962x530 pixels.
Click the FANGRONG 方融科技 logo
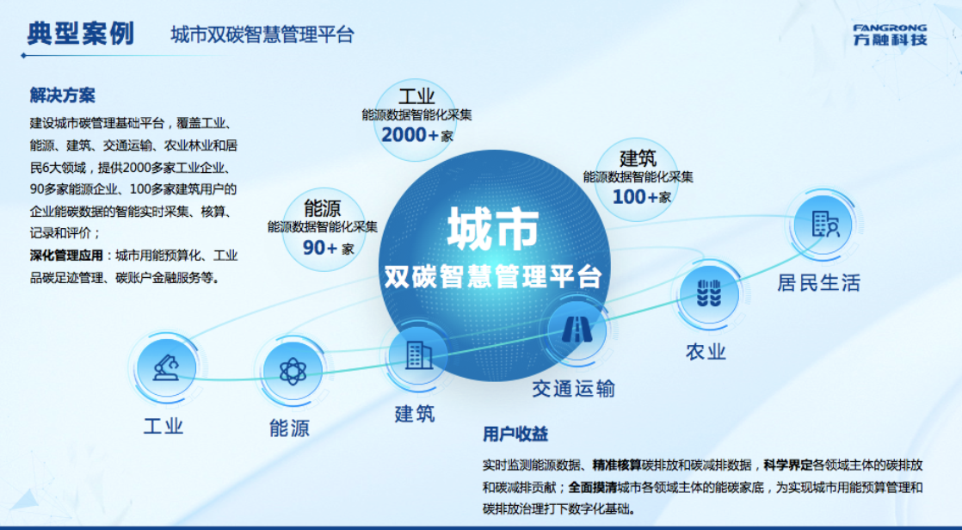(890, 35)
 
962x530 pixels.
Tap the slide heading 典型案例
(80, 33)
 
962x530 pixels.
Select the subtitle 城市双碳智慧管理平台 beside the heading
(262, 34)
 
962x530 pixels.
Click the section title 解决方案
(63, 96)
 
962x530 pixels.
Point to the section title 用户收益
(515, 434)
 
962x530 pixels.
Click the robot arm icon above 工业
(166, 367)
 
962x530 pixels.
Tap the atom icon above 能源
(293, 371)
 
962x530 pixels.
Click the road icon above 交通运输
(577, 330)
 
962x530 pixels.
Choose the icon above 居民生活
(824, 224)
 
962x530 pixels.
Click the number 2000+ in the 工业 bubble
(410, 134)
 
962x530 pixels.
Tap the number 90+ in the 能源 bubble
(320, 248)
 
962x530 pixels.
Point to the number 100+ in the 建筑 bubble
(635, 197)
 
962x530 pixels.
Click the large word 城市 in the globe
(493, 228)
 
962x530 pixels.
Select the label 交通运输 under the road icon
(573, 388)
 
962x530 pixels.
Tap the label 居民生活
(818, 283)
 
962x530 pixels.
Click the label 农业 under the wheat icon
(706, 352)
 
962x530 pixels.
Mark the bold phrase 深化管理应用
(66, 256)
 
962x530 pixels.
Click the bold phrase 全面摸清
(592, 488)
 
